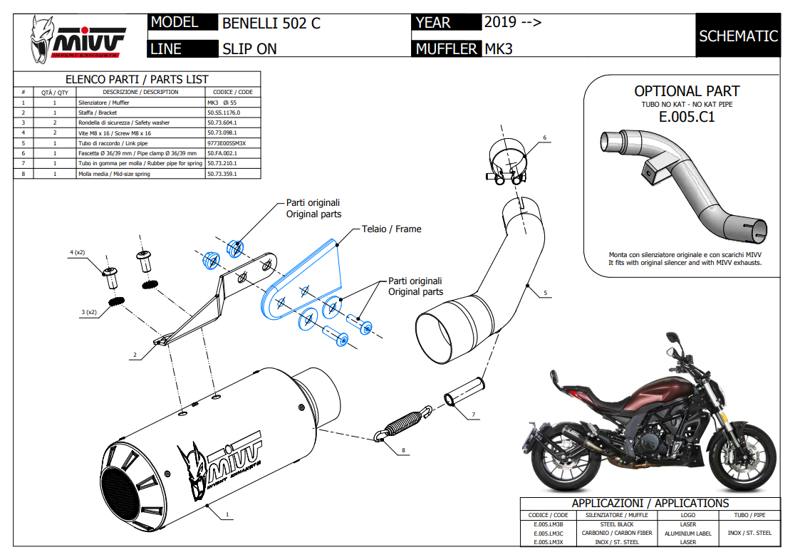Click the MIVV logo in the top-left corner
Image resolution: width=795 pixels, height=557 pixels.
(x=78, y=40)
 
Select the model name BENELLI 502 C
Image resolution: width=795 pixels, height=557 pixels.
(x=271, y=23)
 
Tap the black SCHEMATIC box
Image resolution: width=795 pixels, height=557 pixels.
(x=738, y=36)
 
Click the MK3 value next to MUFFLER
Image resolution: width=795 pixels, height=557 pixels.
(x=499, y=49)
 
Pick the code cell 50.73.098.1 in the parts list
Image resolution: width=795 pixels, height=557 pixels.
(x=222, y=132)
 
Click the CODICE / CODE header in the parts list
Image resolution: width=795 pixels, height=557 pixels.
(x=233, y=92)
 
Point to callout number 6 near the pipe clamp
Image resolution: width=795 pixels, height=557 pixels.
(x=544, y=137)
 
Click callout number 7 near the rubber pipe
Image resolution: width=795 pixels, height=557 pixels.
(x=472, y=414)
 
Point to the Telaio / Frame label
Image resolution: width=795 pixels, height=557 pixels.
(x=390, y=229)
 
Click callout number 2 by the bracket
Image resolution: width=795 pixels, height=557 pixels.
(x=134, y=354)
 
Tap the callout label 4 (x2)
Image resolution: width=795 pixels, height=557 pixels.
(x=78, y=252)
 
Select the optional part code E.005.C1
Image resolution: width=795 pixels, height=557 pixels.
(x=686, y=118)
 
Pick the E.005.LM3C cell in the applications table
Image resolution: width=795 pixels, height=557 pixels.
(x=549, y=533)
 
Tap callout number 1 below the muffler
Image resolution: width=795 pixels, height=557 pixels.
(x=227, y=513)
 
